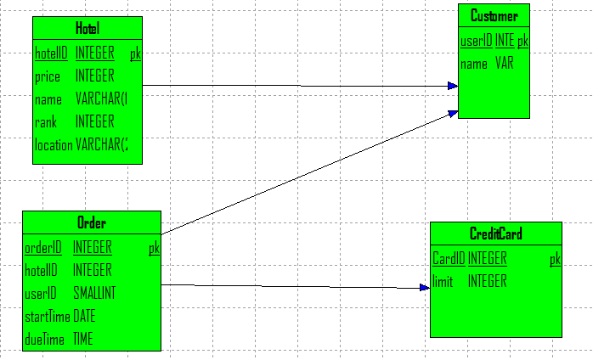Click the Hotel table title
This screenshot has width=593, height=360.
[87, 29]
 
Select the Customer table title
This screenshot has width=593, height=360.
[494, 16]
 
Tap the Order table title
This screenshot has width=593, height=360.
[91, 223]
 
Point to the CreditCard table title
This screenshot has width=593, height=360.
[495, 234]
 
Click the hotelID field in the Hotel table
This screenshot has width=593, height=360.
[51, 53]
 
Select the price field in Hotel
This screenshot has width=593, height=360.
[47, 76]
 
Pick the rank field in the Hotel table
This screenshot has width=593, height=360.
[46, 122]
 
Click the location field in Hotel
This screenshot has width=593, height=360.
[53, 144]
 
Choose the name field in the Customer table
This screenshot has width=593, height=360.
[474, 63]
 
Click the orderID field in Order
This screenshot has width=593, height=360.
[43, 248]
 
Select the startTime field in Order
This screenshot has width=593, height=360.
[48, 316]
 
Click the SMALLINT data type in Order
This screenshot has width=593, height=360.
[94, 293]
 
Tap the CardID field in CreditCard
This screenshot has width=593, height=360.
[449, 258]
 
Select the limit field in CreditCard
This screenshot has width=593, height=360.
[443, 281]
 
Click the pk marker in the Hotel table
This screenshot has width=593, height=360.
[135, 53]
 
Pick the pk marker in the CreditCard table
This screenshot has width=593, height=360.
[555, 258]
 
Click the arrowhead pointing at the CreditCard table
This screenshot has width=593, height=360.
[426, 289]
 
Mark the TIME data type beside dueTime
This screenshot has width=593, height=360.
[83, 339]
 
